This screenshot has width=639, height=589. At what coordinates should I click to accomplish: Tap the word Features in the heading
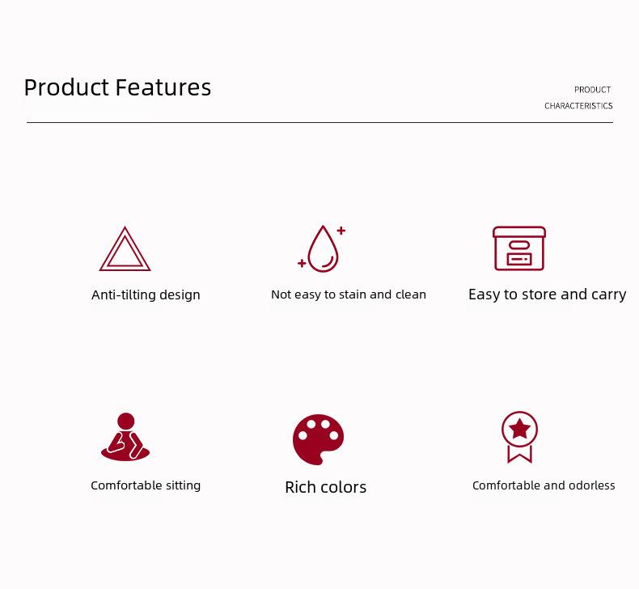163,87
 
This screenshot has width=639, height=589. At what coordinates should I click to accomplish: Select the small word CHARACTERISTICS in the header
578,106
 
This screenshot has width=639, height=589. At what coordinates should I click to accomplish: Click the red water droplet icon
323,248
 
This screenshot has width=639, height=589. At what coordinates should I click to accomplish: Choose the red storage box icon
519,248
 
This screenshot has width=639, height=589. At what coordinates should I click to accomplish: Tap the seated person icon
125,437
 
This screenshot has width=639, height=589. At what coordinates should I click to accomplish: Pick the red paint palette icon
318,440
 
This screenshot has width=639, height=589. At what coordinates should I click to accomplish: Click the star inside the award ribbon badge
519,429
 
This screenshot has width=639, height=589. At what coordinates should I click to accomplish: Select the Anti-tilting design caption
146,294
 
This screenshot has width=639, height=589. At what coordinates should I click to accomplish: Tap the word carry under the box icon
608,294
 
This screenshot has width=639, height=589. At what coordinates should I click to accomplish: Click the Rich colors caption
326,487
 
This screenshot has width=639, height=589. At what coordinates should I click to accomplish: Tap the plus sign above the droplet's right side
341,231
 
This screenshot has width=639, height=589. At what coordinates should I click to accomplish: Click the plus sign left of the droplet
302,263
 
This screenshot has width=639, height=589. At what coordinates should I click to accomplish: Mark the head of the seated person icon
125,421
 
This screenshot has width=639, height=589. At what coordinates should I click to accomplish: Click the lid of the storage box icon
519,232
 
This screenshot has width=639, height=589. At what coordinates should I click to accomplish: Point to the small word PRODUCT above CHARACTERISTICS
592,90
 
